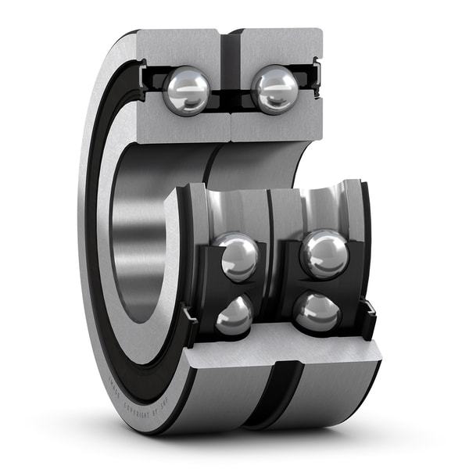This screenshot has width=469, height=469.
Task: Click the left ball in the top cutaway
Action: click(x=187, y=90)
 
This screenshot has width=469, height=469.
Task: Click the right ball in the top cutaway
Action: click(x=274, y=90)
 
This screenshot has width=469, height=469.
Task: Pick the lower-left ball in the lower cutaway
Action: click(x=234, y=316)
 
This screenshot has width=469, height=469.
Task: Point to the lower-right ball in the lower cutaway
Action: click(x=317, y=312)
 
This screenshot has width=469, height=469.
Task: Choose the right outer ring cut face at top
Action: click(x=281, y=47)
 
